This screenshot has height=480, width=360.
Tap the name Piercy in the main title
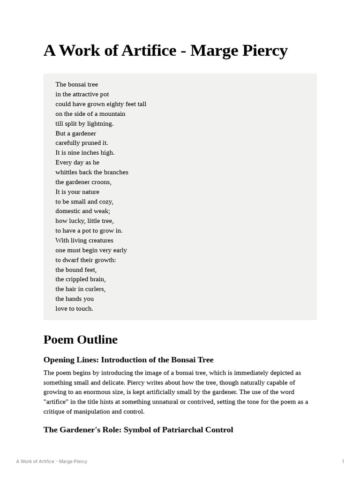click(263, 51)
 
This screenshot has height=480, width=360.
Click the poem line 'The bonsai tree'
click(76, 84)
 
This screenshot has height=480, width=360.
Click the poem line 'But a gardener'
click(75, 134)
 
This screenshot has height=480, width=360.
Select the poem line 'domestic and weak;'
click(82, 211)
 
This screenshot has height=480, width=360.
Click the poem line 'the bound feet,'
click(76, 270)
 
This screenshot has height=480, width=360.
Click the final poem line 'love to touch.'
click(74, 309)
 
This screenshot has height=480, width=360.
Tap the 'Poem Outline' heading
click(80, 339)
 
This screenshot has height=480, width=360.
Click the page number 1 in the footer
click(343, 462)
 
